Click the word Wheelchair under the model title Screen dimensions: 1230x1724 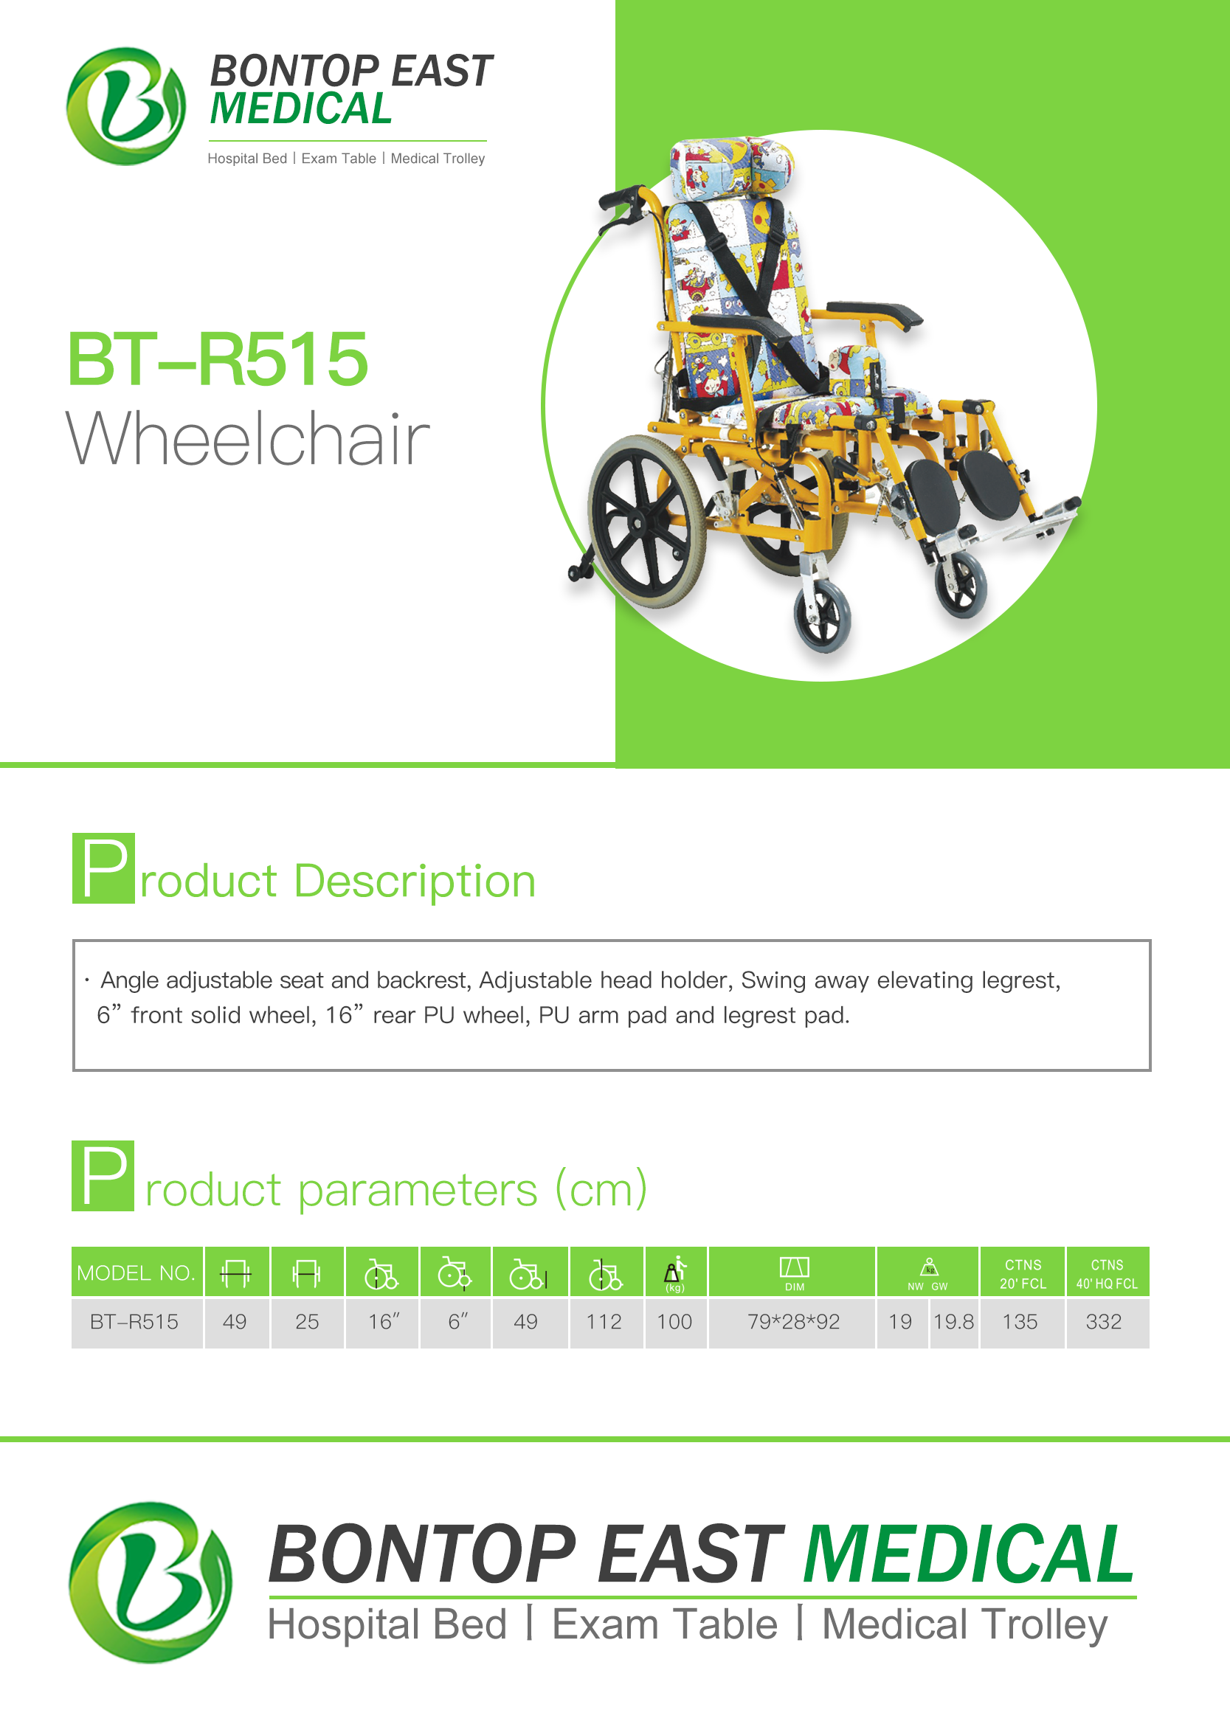pyautogui.click(x=248, y=437)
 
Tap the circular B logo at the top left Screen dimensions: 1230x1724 pyautogui.click(x=125, y=106)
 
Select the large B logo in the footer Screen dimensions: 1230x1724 pyautogui.click(x=151, y=1582)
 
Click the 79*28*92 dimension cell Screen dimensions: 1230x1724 pyautogui.click(x=793, y=1321)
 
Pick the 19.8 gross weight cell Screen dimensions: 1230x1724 pyautogui.click(x=953, y=1321)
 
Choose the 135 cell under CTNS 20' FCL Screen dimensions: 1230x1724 pyautogui.click(x=1020, y=1321)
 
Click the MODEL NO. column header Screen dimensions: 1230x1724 pyautogui.click(x=137, y=1273)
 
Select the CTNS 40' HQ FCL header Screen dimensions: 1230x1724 pyautogui.click(x=1108, y=1273)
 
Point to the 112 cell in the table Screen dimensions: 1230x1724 pyautogui.click(x=604, y=1321)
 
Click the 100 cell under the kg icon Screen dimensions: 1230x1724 pyautogui.click(x=674, y=1321)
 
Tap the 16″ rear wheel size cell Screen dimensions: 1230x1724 pyautogui.click(x=383, y=1321)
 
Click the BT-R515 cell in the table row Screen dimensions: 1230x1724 pyautogui.click(x=134, y=1321)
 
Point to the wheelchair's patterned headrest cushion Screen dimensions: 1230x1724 pyautogui.click(x=731, y=167)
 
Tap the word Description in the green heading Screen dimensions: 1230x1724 pyautogui.click(x=414, y=881)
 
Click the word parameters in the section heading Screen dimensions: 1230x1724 pyautogui.click(x=418, y=1190)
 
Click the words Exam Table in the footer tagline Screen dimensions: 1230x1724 pyautogui.click(x=664, y=1624)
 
